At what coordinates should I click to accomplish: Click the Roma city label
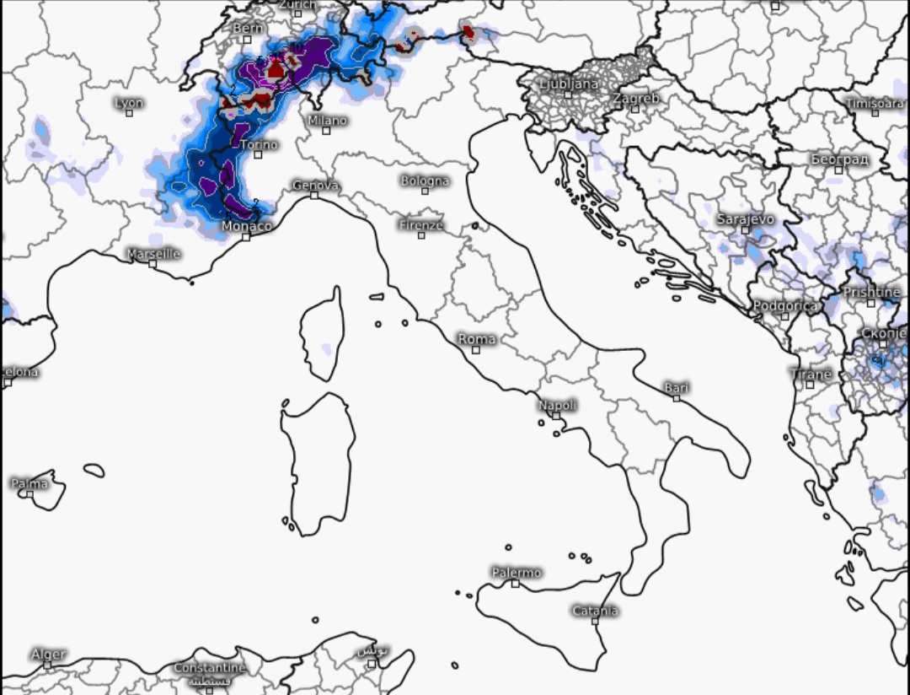click(477, 339)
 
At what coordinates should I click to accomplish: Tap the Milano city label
click(327, 121)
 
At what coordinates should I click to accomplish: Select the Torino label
click(259, 145)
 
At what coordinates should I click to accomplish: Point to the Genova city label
click(316, 186)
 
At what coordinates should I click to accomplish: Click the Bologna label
click(425, 180)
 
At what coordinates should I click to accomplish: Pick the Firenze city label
click(421, 225)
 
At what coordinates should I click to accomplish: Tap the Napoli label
click(557, 406)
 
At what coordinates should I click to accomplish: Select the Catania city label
click(595, 611)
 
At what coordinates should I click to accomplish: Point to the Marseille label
click(153, 253)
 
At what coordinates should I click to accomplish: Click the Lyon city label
click(129, 103)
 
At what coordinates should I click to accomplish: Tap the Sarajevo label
click(745, 219)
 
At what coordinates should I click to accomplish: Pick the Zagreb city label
click(636, 99)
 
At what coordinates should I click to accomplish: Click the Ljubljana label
click(569, 84)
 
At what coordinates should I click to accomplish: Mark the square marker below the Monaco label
click(246, 237)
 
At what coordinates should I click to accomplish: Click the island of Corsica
click(324, 333)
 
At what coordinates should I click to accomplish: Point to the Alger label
click(48, 655)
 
